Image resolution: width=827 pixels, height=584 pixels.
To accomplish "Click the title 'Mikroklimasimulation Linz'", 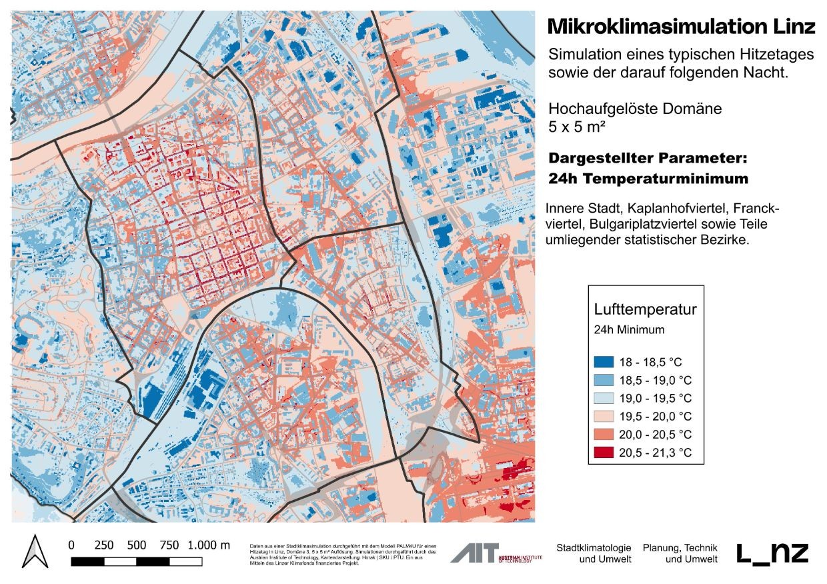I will tap(681, 27).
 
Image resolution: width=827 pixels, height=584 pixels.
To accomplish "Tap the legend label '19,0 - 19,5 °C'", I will tap(656, 399).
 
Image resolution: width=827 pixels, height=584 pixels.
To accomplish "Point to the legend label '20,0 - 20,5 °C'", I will tap(656, 435).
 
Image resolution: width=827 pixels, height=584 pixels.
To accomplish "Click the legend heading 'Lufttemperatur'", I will tap(645, 309).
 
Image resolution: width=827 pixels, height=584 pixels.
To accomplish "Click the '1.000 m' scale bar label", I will tap(209, 545).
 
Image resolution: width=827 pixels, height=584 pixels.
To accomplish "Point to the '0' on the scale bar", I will tap(71, 545).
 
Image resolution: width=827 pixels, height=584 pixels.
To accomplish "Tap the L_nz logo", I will tap(772, 553).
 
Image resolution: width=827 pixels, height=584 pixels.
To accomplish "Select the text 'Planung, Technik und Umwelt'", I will tap(680, 553).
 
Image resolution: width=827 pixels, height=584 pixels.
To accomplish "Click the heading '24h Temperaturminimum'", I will tap(648, 179).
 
